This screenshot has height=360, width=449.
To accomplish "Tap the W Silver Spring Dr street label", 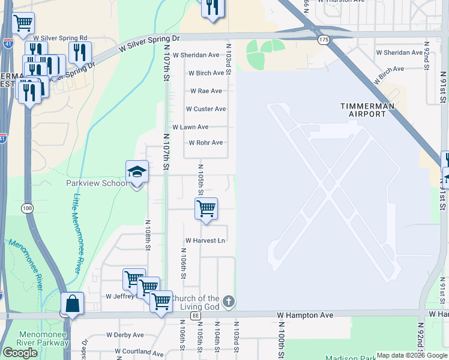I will (149, 38).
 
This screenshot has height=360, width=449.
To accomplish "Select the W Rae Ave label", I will (206, 91).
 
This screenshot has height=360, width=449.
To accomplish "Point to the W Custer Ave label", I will (206, 109).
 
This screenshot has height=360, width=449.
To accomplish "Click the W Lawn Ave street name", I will (190, 127).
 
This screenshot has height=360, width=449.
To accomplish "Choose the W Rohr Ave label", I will (206, 143).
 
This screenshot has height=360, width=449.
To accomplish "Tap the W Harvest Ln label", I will (205, 241).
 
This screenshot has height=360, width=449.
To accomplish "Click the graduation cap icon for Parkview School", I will (137, 172).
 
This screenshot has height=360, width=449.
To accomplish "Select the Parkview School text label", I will (95, 183).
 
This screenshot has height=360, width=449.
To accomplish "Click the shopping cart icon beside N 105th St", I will (206, 209).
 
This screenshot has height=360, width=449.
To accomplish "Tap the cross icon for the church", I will (228, 301).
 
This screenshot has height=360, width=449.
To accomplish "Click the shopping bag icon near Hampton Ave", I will (72, 304).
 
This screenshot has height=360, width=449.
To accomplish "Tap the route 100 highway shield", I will (26, 208).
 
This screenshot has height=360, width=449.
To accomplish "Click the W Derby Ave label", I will (125, 335).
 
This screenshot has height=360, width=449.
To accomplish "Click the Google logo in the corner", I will (20, 353).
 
